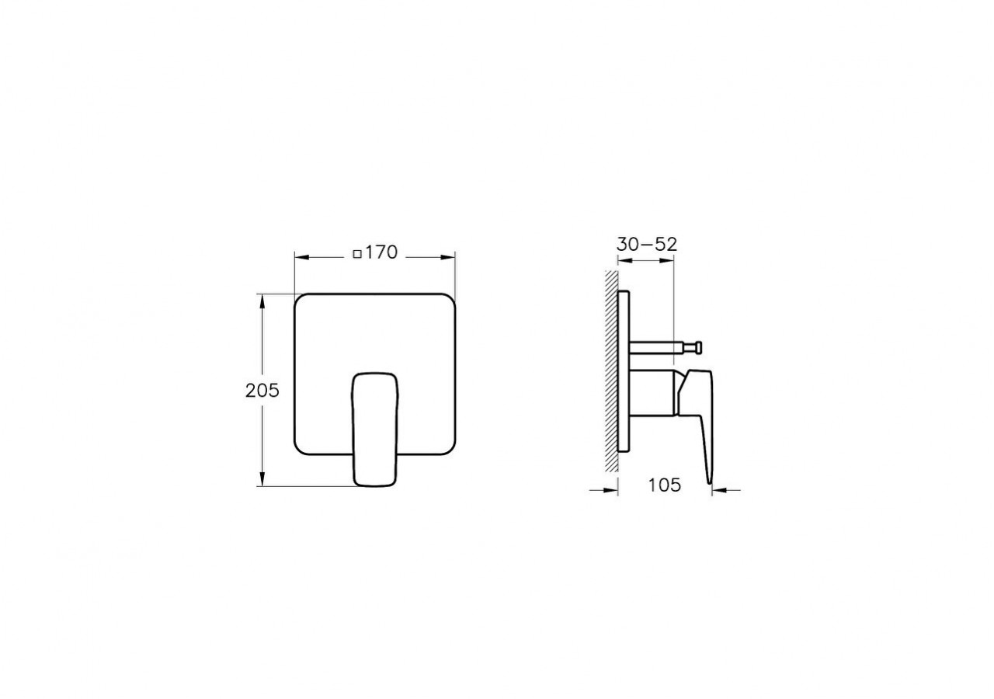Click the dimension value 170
[x=381, y=252]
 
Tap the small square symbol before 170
[x=356, y=253]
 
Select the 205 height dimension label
[x=262, y=391]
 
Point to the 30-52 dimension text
[x=647, y=243]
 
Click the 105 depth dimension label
[x=664, y=485]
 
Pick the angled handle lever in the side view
[x=703, y=419]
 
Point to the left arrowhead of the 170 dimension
[x=301, y=256]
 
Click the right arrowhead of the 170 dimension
[x=449, y=256]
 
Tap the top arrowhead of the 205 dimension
[x=262, y=300]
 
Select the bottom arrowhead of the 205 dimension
[x=262, y=481]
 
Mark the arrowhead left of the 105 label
[x=612, y=490]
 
